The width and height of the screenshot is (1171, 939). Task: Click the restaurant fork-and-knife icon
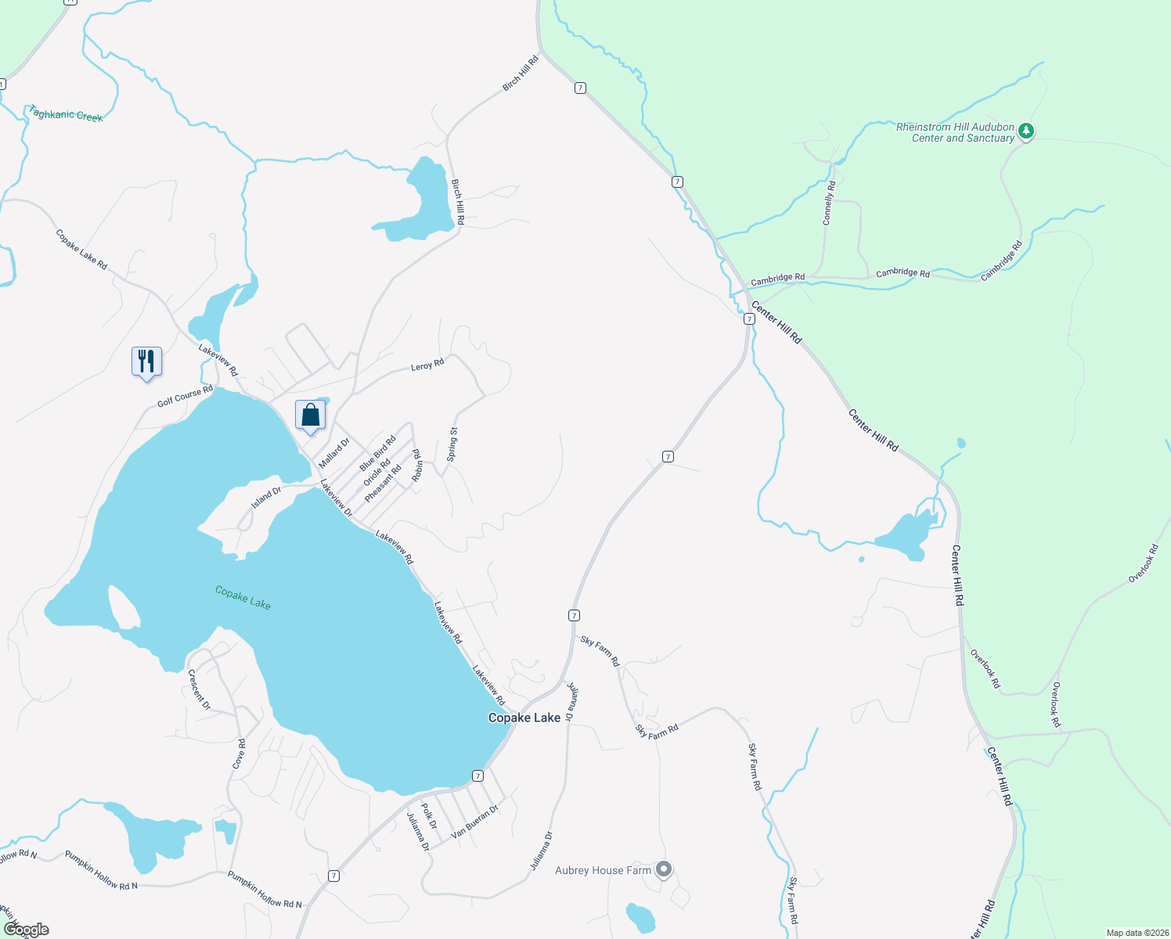coord(146,362)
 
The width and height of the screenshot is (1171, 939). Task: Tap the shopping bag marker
coord(310,415)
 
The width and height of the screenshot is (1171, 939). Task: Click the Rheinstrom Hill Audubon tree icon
coord(1025,131)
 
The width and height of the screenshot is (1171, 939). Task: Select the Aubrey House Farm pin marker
coord(664,869)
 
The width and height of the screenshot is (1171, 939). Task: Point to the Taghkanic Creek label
coord(66,113)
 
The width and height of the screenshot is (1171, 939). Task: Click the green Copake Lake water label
coord(243,598)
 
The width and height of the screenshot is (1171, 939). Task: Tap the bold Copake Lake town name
coord(524,718)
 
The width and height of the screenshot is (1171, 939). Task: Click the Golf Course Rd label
coord(185,397)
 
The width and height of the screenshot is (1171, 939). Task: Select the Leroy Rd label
coord(427,365)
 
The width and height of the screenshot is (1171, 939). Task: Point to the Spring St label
coord(452,444)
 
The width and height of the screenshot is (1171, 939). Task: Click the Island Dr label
coord(266,498)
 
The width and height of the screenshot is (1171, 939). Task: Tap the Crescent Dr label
coord(199,689)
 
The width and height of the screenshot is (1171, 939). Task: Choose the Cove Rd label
coord(240,754)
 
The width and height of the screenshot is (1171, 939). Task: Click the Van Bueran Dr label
coord(474,822)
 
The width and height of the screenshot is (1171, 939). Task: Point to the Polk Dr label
coord(428,815)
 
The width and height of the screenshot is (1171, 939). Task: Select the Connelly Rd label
coord(829,203)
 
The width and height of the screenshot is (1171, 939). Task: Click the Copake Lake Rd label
coord(81,249)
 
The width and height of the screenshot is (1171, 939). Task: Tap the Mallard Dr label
coord(334,453)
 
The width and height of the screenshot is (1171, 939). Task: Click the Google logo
coord(27,929)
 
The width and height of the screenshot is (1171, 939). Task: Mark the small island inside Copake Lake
coord(123,606)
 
